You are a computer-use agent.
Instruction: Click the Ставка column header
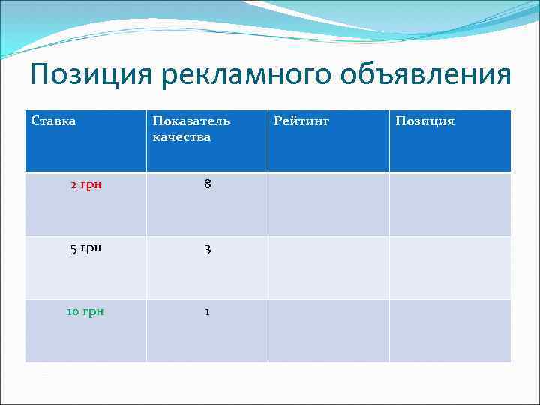pyautogui.click(x=53, y=121)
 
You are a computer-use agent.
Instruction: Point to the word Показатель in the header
pyautogui.click(x=191, y=121)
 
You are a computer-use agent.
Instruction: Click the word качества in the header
pyautogui.click(x=181, y=137)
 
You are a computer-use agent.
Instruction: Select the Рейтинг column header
pyautogui.click(x=301, y=121)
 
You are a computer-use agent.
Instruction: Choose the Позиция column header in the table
pyautogui.click(x=426, y=121)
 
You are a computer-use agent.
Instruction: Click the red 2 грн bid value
pyautogui.click(x=86, y=184)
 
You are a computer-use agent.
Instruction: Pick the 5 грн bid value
pyautogui.click(x=86, y=248)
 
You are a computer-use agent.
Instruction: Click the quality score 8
pyautogui.click(x=207, y=184)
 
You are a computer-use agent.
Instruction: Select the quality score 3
pyautogui.click(x=207, y=248)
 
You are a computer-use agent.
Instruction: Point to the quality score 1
pyautogui.click(x=207, y=311)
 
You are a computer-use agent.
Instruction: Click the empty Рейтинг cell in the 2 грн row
pyautogui.click(x=328, y=204)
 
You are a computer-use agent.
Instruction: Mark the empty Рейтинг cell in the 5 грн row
pyautogui.click(x=328, y=268)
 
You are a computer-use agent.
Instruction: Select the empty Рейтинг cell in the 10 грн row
pyautogui.click(x=328, y=331)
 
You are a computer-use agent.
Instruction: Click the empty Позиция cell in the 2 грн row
pyautogui.click(x=450, y=204)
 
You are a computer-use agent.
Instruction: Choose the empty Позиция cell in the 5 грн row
pyautogui.click(x=450, y=268)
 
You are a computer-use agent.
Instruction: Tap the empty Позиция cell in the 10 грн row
pyautogui.click(x=450, y=331)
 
